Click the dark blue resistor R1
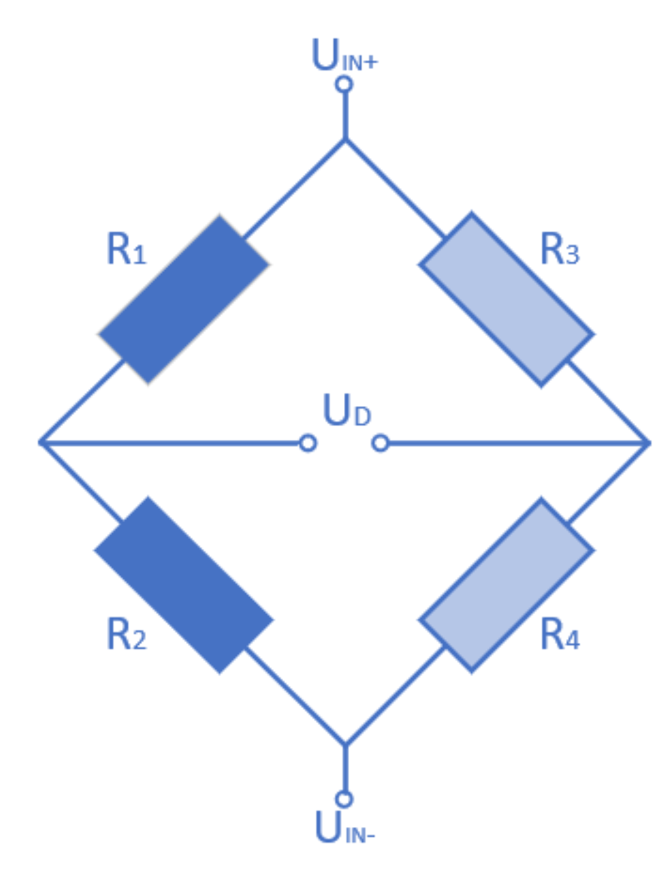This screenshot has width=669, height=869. (184, 299)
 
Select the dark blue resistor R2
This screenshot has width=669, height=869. (184, 585)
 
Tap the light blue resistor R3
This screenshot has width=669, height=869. (506, 299)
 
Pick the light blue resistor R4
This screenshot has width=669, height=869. (506, 585)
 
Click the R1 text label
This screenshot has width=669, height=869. (126, 250)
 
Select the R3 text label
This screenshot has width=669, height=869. (560, 250)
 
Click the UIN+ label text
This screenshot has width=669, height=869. (345, 57)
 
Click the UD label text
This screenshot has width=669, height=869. (347, 411)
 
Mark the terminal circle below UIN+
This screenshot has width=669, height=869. (345, 83)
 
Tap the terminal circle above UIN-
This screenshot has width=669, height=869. (345, 799)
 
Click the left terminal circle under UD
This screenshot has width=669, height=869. (307, 444)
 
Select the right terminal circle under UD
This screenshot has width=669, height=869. (381, 444)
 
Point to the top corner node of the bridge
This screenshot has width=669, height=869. (345, 140)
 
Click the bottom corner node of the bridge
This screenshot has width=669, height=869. (345, 745)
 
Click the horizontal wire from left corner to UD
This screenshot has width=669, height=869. (173, 444)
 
